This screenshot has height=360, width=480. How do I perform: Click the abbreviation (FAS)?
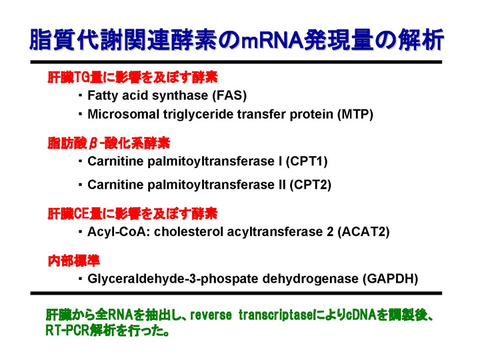tap(229, 95)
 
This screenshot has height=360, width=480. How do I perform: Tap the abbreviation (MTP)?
tap(355, 115)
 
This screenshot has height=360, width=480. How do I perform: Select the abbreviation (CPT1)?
tap(307, 161)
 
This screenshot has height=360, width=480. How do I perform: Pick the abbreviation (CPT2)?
tap(311, 185)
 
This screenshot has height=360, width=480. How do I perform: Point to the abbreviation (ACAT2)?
tap(364, 232)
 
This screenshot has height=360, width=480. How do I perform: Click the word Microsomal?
tap(123, 115)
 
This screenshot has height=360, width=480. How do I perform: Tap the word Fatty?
tap(103, 96)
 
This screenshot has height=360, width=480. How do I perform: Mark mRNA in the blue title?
tap(272, 41)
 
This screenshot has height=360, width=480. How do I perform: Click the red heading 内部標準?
tap(74, 261)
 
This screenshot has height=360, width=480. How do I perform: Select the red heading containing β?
tap(109, 143)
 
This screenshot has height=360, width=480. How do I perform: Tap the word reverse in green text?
tap(211, 315)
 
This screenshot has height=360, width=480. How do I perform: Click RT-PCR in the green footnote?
tap(67, 331)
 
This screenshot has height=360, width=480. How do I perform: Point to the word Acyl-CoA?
tap(119, 233)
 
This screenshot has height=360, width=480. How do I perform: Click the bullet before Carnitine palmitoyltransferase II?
tap(80, 185)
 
